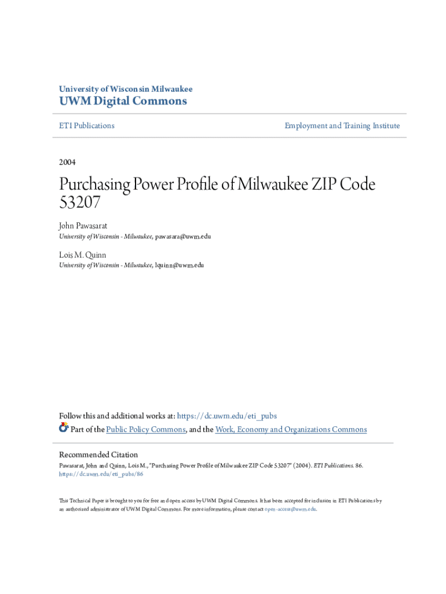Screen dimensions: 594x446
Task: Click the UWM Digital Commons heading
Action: pos(123,102)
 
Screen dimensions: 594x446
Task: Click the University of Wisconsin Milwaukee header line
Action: pos(126,89)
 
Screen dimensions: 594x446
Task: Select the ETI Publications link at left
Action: pos(87,125)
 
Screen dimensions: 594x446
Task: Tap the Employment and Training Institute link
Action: pos(342,125)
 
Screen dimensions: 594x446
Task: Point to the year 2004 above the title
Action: pos(67,162)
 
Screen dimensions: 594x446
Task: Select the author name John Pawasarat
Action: pos(83,225)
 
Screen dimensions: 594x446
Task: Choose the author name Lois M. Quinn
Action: pos(82,255)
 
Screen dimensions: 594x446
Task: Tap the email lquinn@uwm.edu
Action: pos(180,265)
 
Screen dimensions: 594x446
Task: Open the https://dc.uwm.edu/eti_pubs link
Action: pos(226,415)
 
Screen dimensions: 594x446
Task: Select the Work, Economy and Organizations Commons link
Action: pos(291,429)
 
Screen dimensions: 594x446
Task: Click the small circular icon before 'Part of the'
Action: pos(64,428)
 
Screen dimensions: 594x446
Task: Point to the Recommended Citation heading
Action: pos(98,455)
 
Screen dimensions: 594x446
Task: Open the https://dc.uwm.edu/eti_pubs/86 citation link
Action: pos(101,474)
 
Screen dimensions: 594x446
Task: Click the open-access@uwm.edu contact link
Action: pos(290,509)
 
